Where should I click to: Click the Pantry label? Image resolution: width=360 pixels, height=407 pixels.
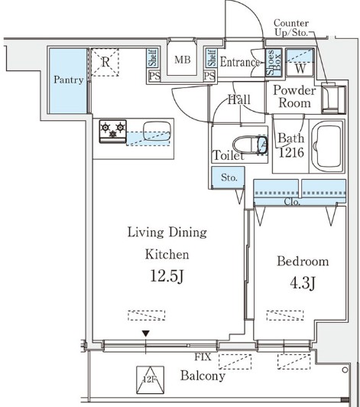pyautogui.click(x=69, y=80)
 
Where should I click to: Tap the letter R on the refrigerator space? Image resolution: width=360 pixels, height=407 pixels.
pyautogui.click(x=105, y=62)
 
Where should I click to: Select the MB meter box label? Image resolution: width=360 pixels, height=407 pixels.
pyautogui.click(x=183, y=60)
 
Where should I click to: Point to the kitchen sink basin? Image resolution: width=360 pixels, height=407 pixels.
pyautogui.click(x=157, y=132)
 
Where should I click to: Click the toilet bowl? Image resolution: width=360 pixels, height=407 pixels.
pyautogui.click(x=246, y=145)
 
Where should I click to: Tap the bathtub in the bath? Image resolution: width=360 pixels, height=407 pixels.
pyautogui.click(x=327, y=145)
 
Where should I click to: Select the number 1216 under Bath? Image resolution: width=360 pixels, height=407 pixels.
pyautogui.click(x=291, y=153)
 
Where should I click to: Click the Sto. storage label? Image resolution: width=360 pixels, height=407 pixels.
pyautogui.click(x=229, y=177)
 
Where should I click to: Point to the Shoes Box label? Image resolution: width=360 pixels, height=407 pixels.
pyautogui.click(x=274, y=62)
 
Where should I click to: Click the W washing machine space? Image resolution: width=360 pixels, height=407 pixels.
pyautogui.click(x=300, y=69)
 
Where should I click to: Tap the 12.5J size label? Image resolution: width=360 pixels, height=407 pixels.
pyautogui.click(x=167, y=276)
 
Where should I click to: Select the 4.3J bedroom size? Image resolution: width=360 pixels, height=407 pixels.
pyautogui.click(x=303, y=283)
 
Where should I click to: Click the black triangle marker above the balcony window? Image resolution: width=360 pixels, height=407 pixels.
pyautogui.click(x=146, y=334)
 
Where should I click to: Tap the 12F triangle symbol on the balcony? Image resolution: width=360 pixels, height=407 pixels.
pyautogui.click(x=150, y=379)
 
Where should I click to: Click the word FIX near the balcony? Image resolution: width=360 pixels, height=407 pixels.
pyautogui.click(x=203, y=357)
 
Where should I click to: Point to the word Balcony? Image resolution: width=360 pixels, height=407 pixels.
pyautogui.click(x=203, y=376)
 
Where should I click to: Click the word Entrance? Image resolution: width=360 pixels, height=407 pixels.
pyautogui.click(x=240, y=62)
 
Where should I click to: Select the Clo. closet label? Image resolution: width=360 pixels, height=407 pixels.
pyautogui.click(x=292, y=202)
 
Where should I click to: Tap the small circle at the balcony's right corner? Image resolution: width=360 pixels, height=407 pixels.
pyautogui.click(x=345, y=370)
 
